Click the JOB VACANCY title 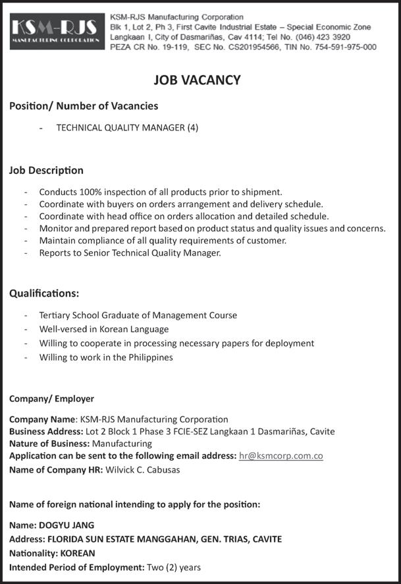pos(197,80)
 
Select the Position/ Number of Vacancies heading pos(84,105)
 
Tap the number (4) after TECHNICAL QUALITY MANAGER pos(192,128)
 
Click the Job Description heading pos(46,170)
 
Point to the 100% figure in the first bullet pos(90,192)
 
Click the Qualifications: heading pos(44,293)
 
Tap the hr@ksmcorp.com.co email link pos(281,456)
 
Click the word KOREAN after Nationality pos(77,553)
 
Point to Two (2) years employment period pos(174,567)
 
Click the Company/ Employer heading pos(51,399)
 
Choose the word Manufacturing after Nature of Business pos(122,444)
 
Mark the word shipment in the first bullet pos(261,192)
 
